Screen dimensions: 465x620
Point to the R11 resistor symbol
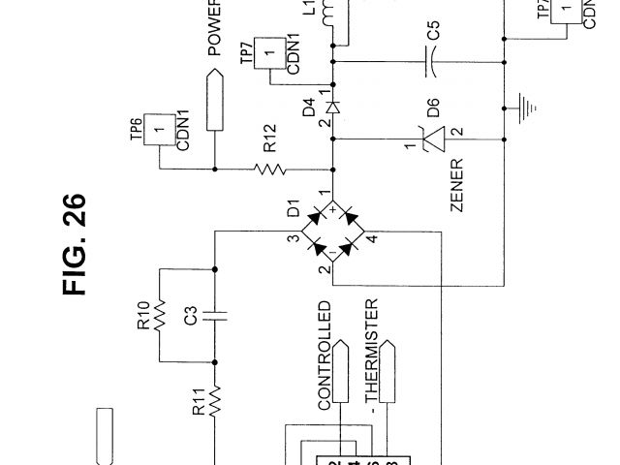215,396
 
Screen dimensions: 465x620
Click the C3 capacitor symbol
215,314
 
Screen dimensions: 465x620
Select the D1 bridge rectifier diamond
332,232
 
